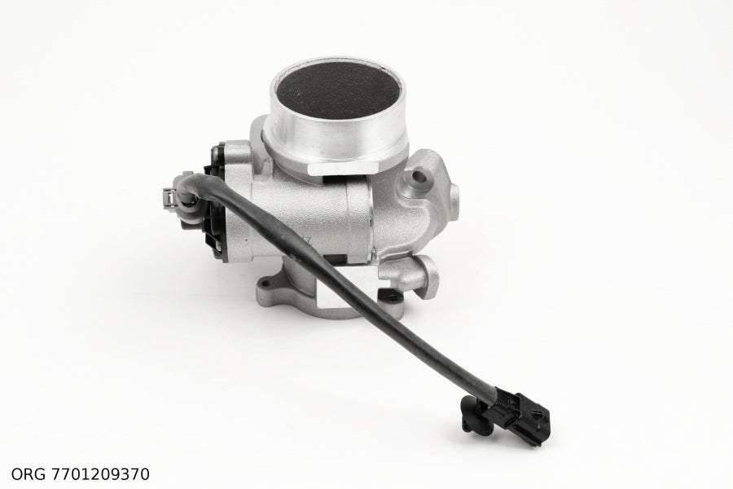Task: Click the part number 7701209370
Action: (x=99, y=474)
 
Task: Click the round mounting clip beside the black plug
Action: (x=474, y=414)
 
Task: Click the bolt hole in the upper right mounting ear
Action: (x=419, y=177)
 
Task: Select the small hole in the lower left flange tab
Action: (x=266, y=283)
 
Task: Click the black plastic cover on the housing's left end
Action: (x=216, y=200)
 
